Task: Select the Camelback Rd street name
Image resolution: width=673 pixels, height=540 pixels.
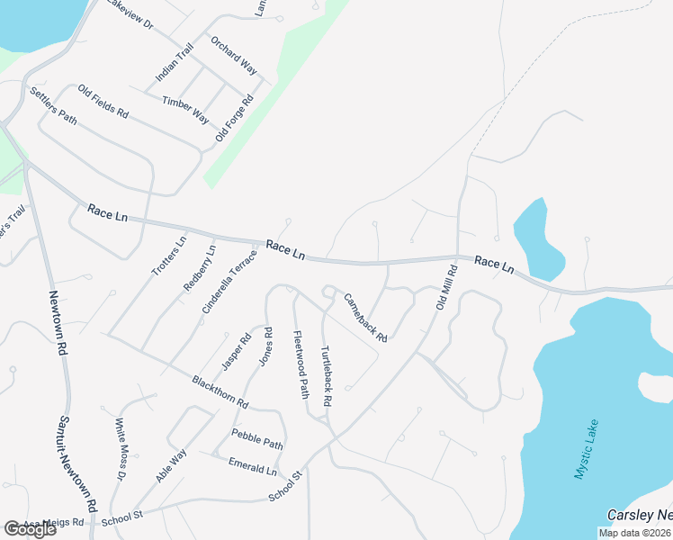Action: point(365,319)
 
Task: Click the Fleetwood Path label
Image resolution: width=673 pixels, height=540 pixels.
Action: point(301,364)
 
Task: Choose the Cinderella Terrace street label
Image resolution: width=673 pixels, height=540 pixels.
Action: point(229,281)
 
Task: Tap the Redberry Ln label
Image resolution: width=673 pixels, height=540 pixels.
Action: point(200,269)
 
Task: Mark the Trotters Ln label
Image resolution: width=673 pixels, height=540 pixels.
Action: point(168,257)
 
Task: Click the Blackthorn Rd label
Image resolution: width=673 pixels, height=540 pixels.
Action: point(220,393)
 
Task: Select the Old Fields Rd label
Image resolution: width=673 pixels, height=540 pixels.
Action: point(103,102)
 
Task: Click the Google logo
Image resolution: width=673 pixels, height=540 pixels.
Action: point(30,529)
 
